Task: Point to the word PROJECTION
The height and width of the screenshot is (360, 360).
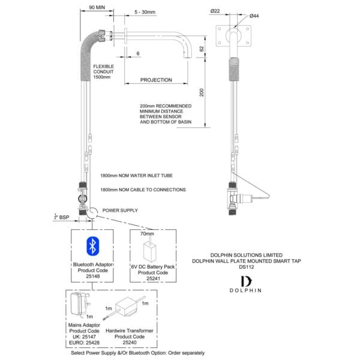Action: point(156,80)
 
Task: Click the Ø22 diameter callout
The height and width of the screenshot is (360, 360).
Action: point(215,11)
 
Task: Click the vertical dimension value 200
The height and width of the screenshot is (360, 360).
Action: point(202,91)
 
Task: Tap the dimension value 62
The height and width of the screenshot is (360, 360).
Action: point(202,47)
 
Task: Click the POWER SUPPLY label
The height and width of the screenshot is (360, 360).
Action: point(120,210)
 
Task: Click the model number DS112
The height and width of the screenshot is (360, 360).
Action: point(247,267)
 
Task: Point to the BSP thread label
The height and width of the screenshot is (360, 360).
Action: point(59,217)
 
